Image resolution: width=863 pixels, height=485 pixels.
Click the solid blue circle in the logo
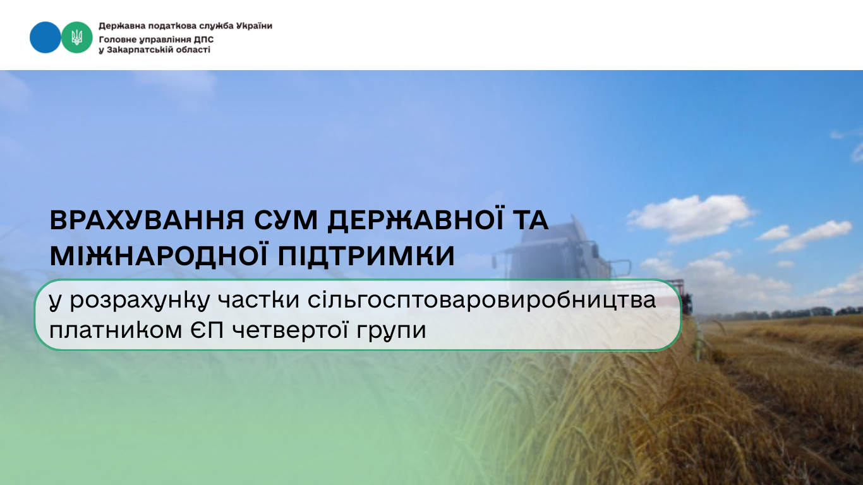coord(45,37)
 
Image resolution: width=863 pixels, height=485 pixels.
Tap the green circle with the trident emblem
coord(76,37)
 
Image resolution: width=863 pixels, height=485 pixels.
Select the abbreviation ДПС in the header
coord(203,39)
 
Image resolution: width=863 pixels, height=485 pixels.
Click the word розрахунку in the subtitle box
coord(140,301)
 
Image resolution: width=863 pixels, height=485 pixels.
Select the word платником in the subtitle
coord(116,330)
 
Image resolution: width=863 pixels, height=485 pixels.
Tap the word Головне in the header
coord(118,39)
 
